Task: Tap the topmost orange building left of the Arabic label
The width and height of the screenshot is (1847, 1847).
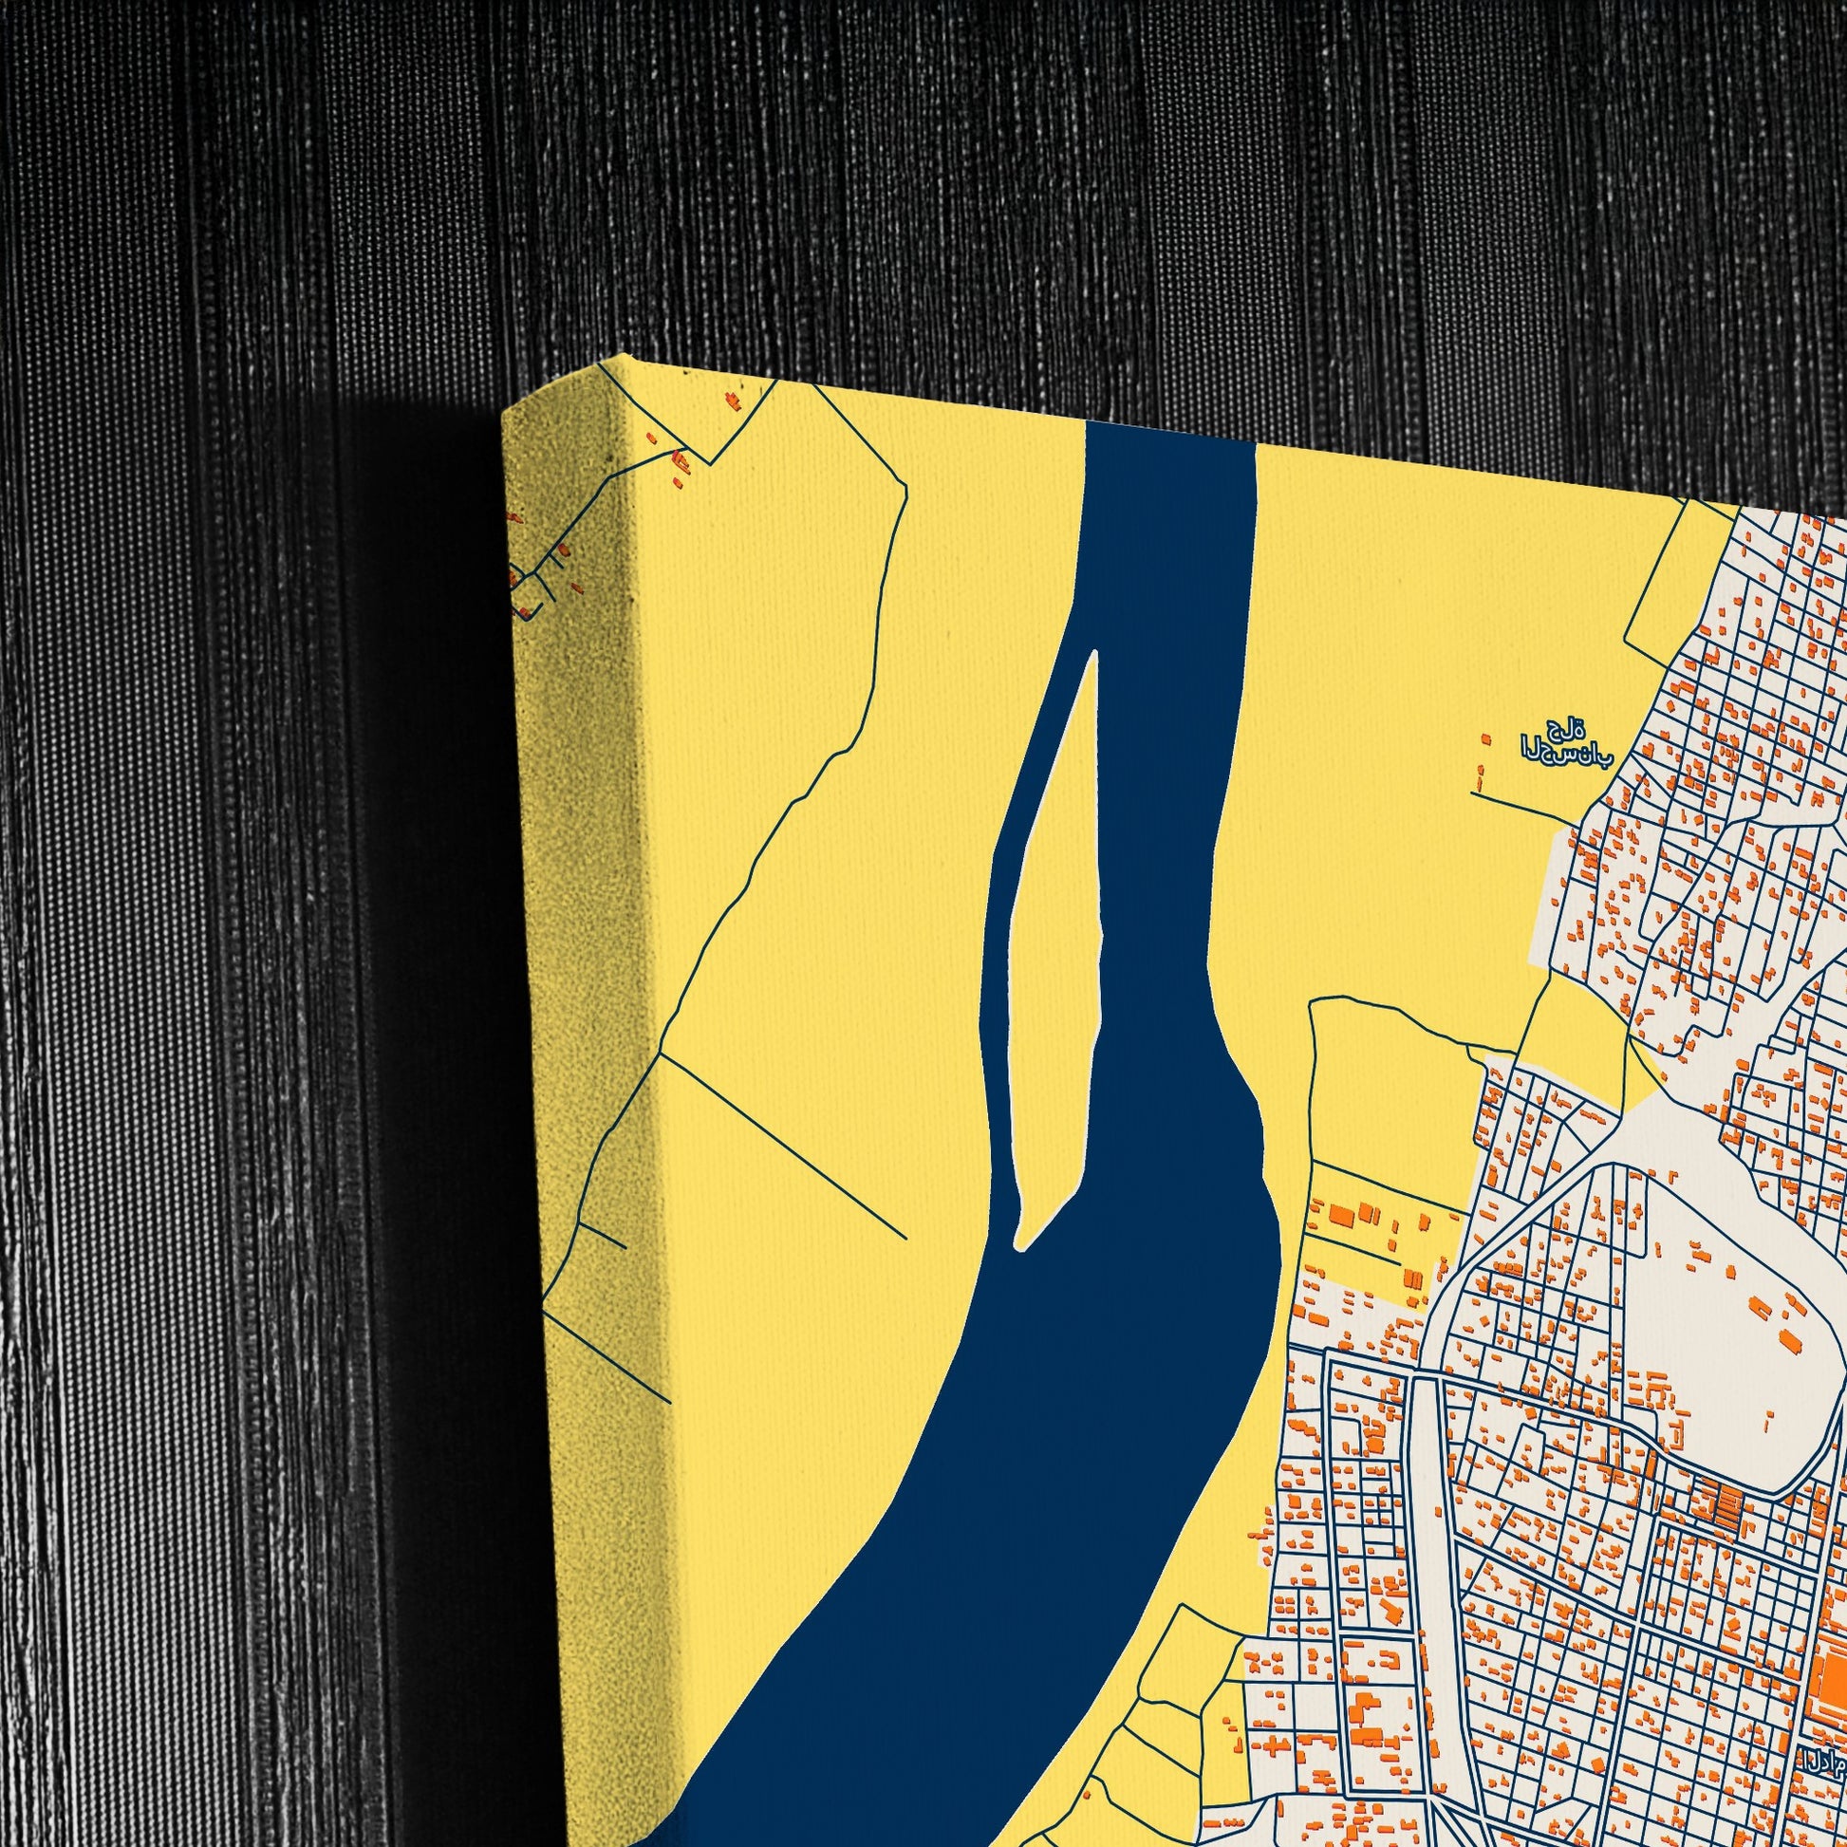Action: click(1484, 739)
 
